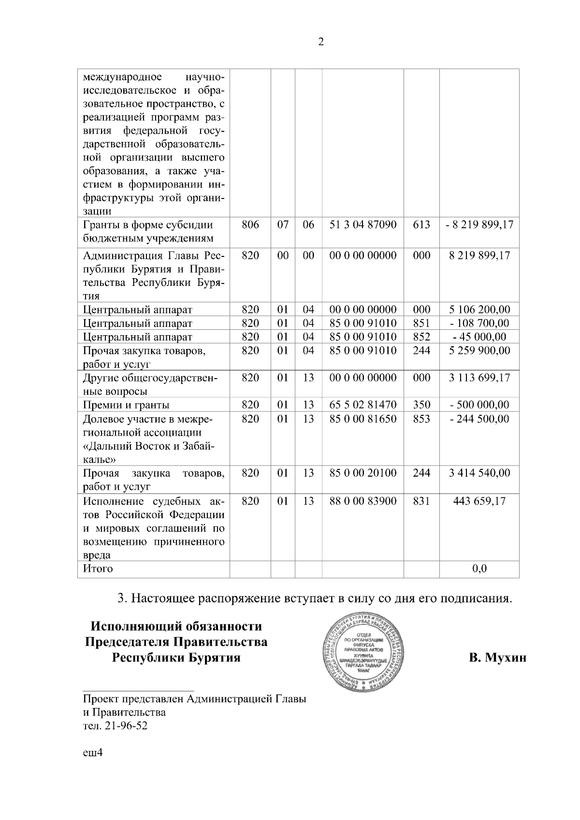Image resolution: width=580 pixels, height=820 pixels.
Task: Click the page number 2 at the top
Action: tap(321, 42)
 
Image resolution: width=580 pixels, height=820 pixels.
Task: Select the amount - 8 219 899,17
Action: tap(479, 225)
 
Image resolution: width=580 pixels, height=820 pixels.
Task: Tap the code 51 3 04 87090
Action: tap(362, 225)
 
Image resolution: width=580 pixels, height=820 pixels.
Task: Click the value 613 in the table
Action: tap(421, 225)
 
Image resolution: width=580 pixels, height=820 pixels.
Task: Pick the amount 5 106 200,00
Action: tap(479, 310)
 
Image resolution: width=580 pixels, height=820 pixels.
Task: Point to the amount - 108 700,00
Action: tap(479, 323)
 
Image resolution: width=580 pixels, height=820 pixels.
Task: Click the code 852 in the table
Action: tap(421, 337)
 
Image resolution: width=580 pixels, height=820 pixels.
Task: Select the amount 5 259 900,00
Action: tap(479, 350)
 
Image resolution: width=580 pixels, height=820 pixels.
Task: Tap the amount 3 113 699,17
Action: tap(479, 378)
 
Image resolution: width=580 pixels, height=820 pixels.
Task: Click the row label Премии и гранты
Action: tap(126, 405)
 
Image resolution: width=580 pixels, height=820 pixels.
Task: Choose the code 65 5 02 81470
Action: tap(362, 405)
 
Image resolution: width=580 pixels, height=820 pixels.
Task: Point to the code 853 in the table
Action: tap(421, 419)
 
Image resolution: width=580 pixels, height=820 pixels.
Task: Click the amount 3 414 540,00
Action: tap(479, 473)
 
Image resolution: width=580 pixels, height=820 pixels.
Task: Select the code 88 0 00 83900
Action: tap(362, 501)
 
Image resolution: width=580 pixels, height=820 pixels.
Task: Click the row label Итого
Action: tap(98, 569)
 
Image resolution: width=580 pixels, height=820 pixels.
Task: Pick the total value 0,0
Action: tap(479, 569)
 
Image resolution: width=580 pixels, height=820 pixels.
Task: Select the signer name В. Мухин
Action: tap(497, 658)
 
